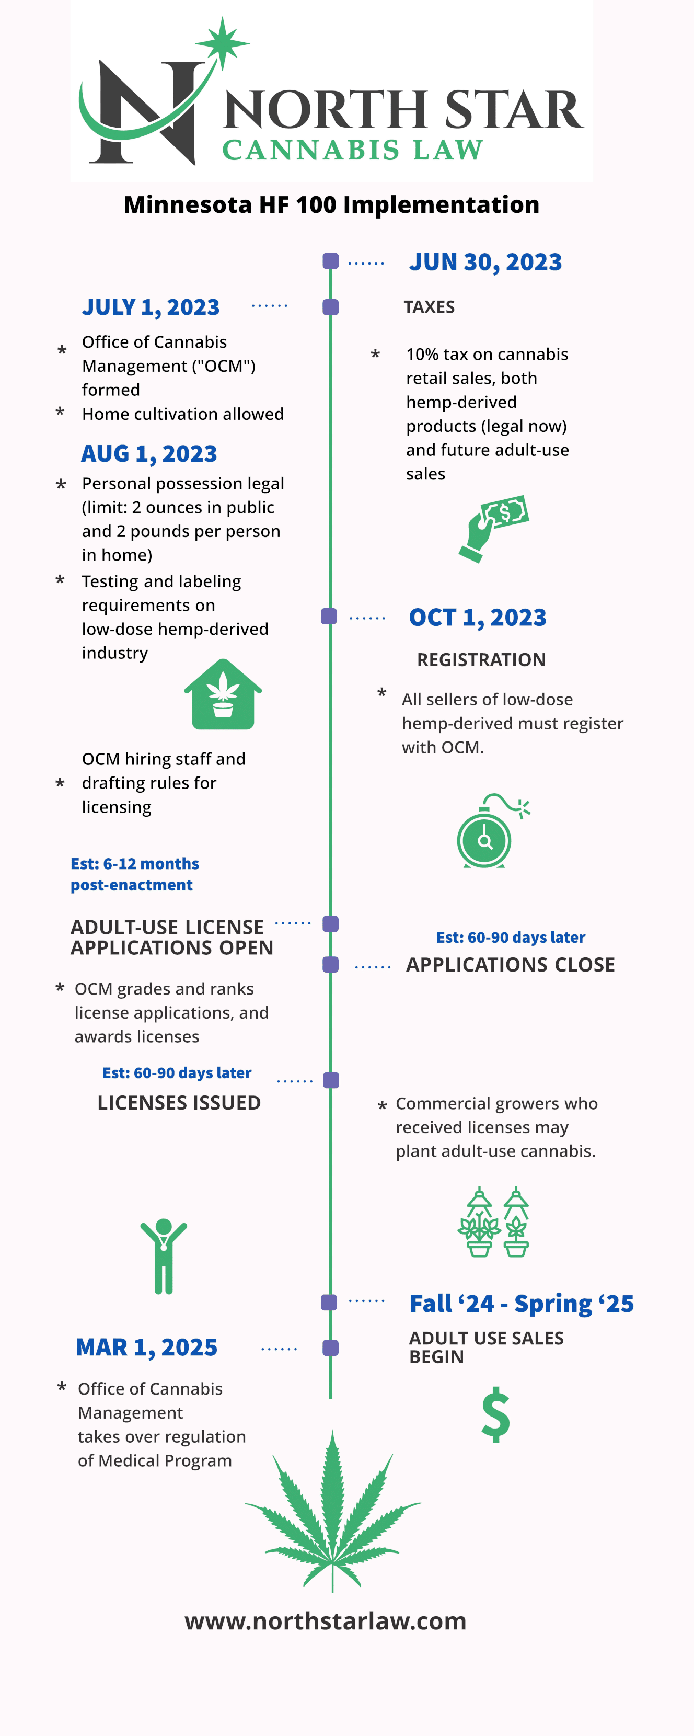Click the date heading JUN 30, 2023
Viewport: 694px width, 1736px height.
(485, 262)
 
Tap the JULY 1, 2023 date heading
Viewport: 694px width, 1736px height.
(151, 307)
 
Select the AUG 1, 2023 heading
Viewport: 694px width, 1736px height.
(149, 453)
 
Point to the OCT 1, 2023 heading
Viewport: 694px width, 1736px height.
(478, 618)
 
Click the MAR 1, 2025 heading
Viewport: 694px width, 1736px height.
(147, 1347)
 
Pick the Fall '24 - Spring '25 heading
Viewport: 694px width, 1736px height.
(522, 1304)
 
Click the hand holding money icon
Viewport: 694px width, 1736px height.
(494, 529)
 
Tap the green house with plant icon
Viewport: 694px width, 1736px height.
(223, 694)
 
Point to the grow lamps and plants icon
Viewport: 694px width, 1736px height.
(493, 1222)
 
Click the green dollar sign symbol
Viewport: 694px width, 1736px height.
(496, 1414)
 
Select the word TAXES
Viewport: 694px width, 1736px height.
(429, 307)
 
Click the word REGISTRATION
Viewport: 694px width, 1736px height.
(481, 660)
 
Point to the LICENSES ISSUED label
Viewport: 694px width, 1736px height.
(179, 1103)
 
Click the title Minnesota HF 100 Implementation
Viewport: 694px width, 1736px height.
(331, 205)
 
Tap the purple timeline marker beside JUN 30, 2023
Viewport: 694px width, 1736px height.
(330, 261)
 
